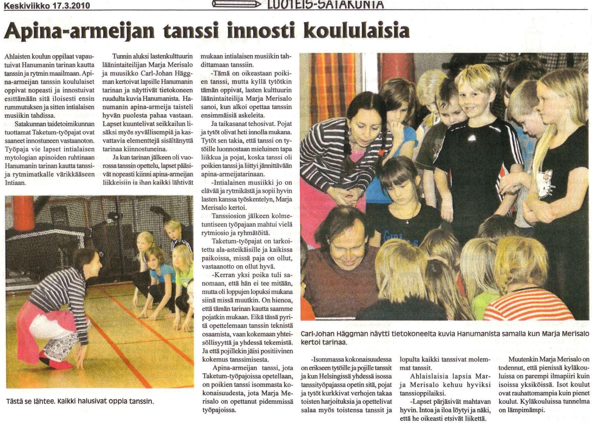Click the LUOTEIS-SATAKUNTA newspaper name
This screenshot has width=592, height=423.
pos(321,4)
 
